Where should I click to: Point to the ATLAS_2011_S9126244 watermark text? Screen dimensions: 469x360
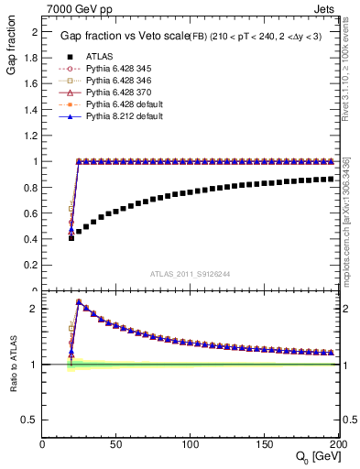pyautogui.click(x=190, y=273)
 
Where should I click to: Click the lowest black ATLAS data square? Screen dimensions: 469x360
pyautogui.click(x=71, y=237)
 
